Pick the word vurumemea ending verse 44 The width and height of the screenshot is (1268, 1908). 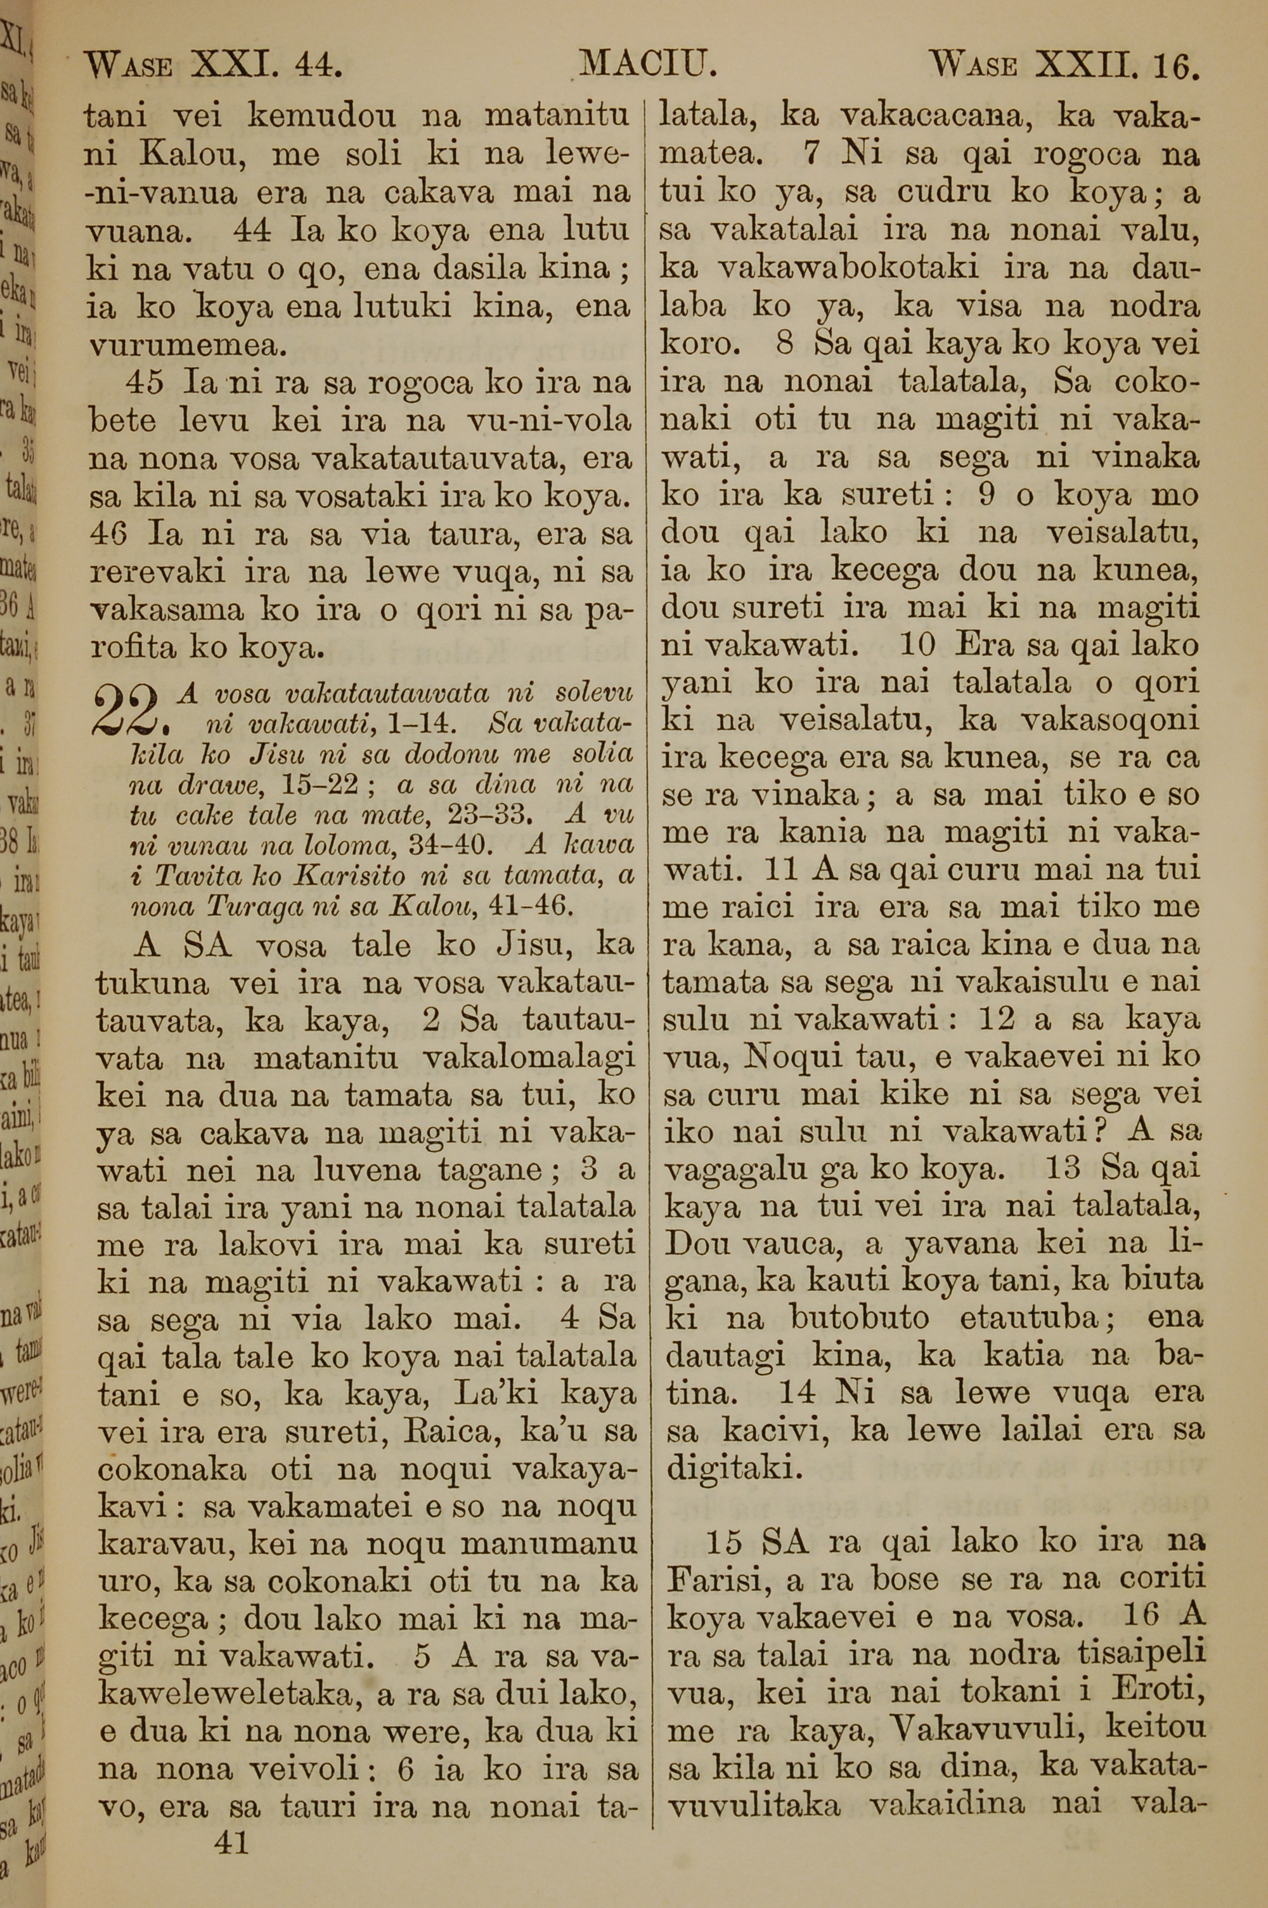point(188,345)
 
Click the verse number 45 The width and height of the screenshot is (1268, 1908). point(146,382)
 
